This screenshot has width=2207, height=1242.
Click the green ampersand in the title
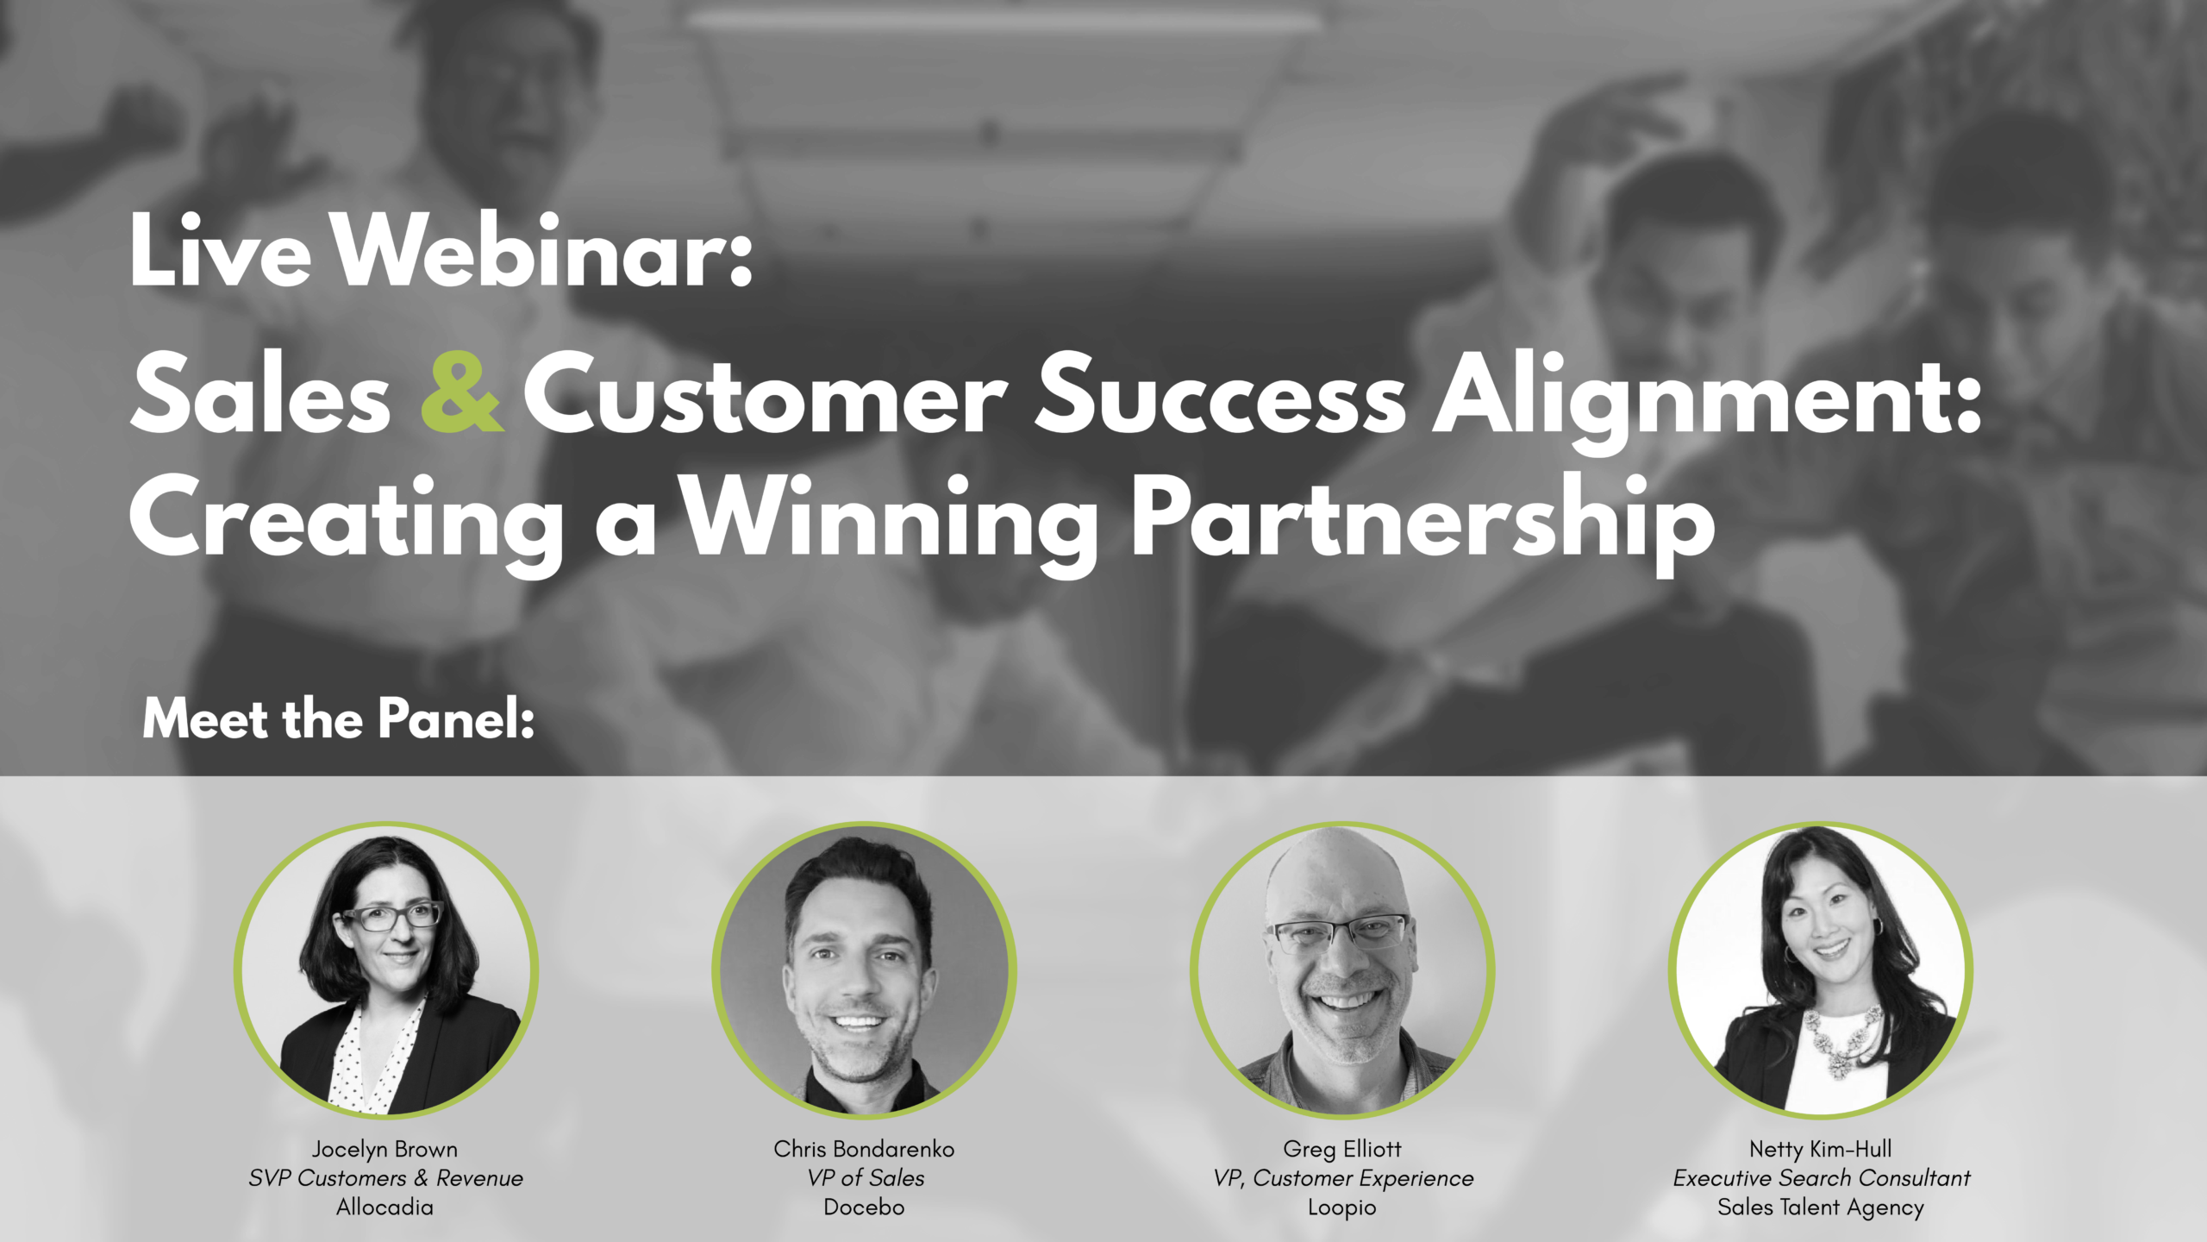point(461,392)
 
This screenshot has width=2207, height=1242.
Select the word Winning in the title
point(889,523)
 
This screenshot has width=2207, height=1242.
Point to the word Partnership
point(1423,523)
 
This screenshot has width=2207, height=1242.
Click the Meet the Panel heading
point(339,718)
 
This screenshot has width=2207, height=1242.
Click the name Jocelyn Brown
point(385,1149)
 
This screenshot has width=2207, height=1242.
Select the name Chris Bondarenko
point(864,1149)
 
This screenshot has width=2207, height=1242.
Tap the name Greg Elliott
point(1342,1150)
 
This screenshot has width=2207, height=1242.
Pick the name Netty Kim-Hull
point(1821,1150)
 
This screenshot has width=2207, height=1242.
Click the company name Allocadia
point(385,1207)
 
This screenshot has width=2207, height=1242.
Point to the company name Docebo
point(864,1207)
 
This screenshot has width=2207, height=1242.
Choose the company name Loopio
point(1342,1207)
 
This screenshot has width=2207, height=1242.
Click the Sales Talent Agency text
point(1821,1207)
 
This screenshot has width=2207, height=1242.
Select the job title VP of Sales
point(866,1178)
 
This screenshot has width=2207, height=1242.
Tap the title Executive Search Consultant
point(1822,1178)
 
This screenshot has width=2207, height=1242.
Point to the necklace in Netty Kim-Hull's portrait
point(1842,1040)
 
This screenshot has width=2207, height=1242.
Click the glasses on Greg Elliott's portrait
point(1341,933)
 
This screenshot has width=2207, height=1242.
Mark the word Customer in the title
point(766,395)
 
